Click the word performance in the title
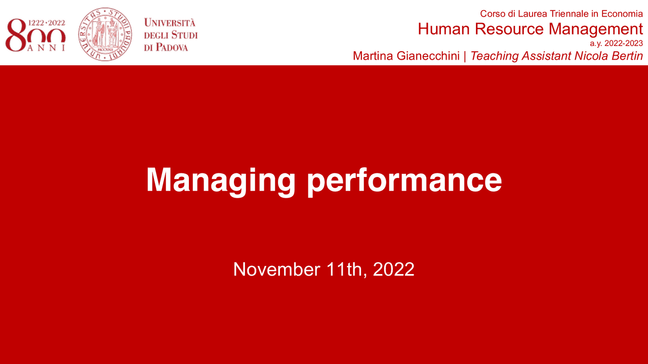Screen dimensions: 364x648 404,180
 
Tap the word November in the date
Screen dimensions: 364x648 276,269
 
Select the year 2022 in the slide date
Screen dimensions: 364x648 393,269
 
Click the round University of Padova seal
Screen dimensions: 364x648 105,34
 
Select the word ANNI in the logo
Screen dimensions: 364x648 47,48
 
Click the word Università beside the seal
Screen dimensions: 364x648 170,23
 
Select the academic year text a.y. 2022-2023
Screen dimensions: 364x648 616,43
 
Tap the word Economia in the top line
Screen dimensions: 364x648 622,14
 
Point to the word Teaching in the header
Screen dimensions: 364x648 494,56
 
